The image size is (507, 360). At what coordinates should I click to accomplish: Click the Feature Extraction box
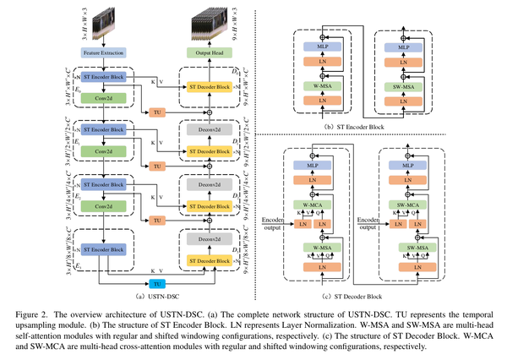click(x=102, y=52)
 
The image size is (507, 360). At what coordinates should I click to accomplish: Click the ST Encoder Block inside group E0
click(x=102, y=74)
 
